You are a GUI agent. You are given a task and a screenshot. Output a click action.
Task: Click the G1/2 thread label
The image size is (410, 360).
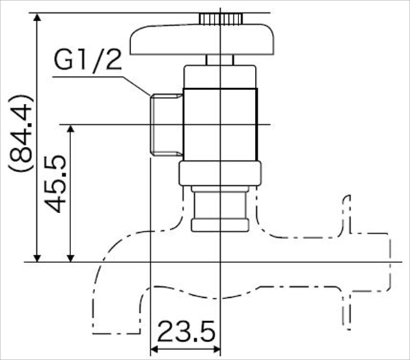point(87,62)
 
